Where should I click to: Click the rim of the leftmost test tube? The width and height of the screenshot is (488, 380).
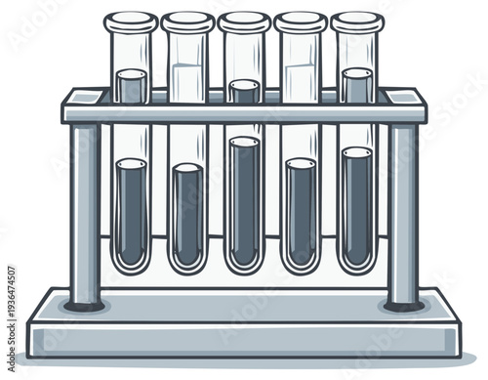click(x=131, y=20)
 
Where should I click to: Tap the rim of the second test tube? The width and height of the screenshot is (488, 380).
click(x=187, y=20)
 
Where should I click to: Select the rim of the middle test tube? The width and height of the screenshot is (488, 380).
click(x=244, y=20)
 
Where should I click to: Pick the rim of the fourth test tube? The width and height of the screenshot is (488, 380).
click(x=301, y=20)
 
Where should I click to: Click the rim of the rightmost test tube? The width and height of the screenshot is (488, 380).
click(x=356, y=20)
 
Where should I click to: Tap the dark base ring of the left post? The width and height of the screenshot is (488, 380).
click(x=85, y=305)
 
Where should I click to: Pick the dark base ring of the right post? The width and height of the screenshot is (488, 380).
click(x=403, y=305)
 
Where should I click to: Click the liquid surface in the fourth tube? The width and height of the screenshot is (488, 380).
click(x=301, y=164)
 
